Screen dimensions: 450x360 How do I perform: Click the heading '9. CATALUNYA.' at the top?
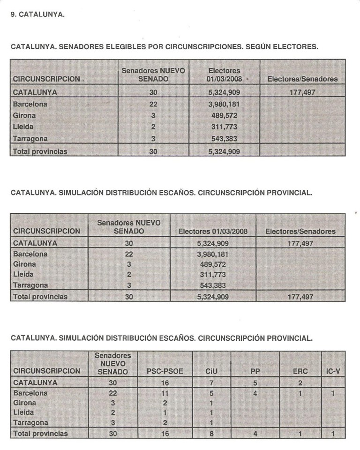tap(37, 15)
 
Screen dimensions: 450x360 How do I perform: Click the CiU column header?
tap(212, 371)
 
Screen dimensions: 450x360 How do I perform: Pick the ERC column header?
tap(300, 371)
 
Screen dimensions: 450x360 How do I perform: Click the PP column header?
tap(255, 371)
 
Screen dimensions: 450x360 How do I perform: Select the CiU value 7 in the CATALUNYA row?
tap(212, 382)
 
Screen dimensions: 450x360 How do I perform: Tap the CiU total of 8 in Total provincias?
tap(212, 434)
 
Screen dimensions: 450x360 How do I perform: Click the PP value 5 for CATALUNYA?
tap(255, 382)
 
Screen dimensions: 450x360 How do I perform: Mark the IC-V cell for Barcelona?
tap(332, 393)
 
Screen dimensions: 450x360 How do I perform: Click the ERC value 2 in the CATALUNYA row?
tap(300, 382)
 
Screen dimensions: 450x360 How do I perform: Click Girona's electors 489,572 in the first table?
tap(224, 115)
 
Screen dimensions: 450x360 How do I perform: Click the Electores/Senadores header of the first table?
tap(302, 79)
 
